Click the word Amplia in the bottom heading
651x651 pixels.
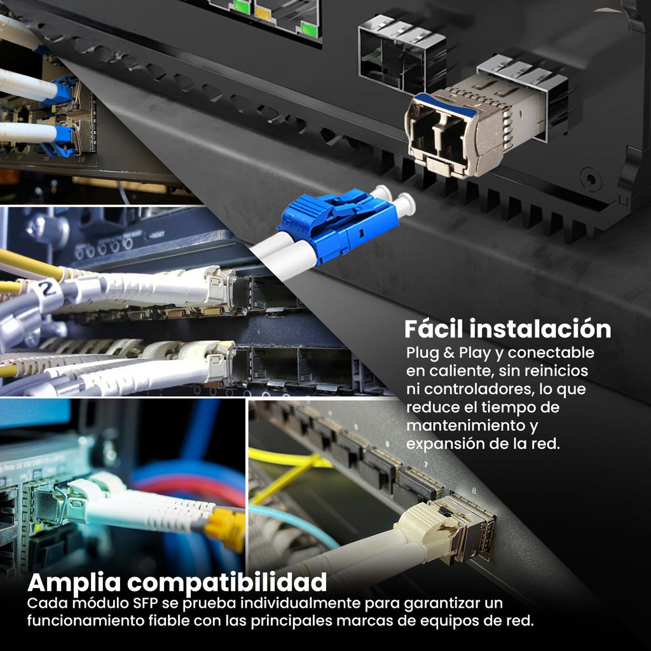tap(74, 583)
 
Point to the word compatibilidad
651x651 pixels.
tap(227, 582)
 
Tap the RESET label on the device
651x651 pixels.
tap(157, 235)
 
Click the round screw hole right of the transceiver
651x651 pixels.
tap(591, 179)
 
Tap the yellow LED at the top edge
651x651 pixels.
tap(263, 13)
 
